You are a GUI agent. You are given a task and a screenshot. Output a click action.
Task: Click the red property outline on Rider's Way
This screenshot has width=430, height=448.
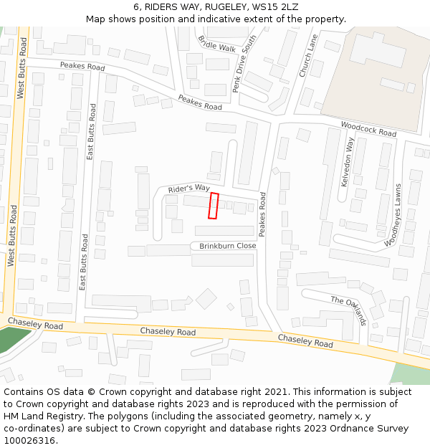point(213,206)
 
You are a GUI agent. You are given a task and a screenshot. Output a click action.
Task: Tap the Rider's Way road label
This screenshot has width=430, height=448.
point(188,189)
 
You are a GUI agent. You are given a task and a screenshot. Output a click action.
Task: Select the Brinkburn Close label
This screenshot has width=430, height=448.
point(227,246)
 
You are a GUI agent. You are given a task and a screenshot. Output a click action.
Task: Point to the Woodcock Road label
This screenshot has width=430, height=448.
point(368,129)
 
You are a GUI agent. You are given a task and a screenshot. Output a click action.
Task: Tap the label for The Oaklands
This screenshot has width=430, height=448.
point(349,310)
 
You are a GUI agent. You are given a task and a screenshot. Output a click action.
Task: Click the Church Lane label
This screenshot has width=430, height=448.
point(307,55)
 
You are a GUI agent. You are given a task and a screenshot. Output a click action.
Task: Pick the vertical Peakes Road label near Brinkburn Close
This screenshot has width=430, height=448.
point(262,214)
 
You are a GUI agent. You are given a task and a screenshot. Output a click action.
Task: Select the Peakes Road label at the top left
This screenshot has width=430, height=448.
point(82,67)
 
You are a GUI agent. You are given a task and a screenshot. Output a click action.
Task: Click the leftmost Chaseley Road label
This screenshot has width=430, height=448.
point(35,325)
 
